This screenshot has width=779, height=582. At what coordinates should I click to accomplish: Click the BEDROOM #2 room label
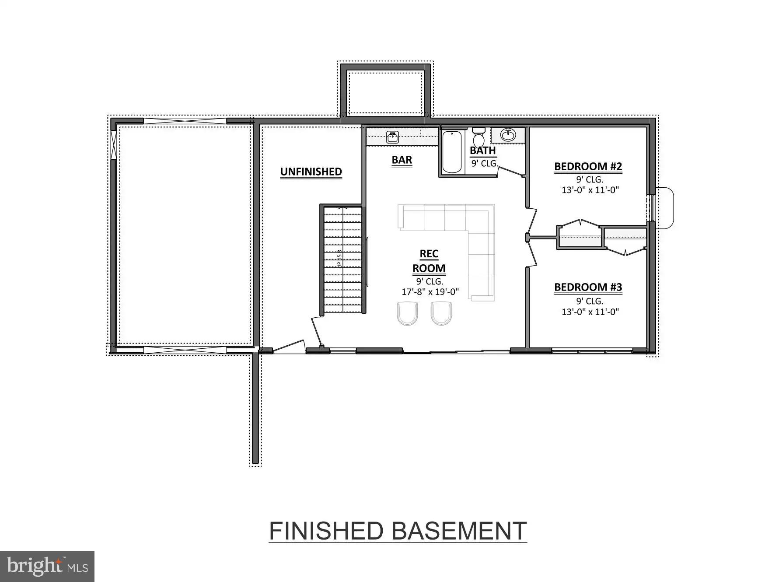(587, 167)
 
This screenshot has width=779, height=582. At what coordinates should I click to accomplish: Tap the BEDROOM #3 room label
(587, 287)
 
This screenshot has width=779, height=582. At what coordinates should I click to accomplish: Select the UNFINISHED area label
(311, 172)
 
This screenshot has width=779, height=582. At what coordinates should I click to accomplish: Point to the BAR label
(402, 160)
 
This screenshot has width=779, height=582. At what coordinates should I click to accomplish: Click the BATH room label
(482, 151)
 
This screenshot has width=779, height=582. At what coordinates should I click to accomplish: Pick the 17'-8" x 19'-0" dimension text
(430, 292)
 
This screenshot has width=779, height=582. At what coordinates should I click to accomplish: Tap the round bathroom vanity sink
(508, 135)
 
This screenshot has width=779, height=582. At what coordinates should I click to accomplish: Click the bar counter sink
(392, 137)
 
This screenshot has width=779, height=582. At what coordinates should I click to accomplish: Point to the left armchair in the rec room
(407, 313)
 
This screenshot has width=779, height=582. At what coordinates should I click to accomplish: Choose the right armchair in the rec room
(441, 313)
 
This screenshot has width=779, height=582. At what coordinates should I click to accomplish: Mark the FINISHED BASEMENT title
(397, 531)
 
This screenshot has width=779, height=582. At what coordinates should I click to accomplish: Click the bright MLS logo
(47, 566)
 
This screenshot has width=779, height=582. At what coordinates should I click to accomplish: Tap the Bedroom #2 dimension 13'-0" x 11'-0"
(590, 190)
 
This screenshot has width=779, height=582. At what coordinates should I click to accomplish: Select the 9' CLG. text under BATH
(484, 164)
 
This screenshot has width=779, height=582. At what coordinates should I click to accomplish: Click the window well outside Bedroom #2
(664, 208)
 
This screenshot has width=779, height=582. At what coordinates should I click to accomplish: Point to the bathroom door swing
(511, 171)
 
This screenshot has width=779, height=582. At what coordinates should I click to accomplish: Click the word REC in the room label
(429, 254)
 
